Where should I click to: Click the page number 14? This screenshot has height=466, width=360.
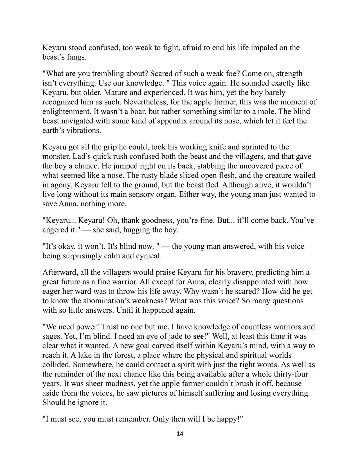180,434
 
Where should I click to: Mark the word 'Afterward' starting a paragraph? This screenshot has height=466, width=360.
60,273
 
